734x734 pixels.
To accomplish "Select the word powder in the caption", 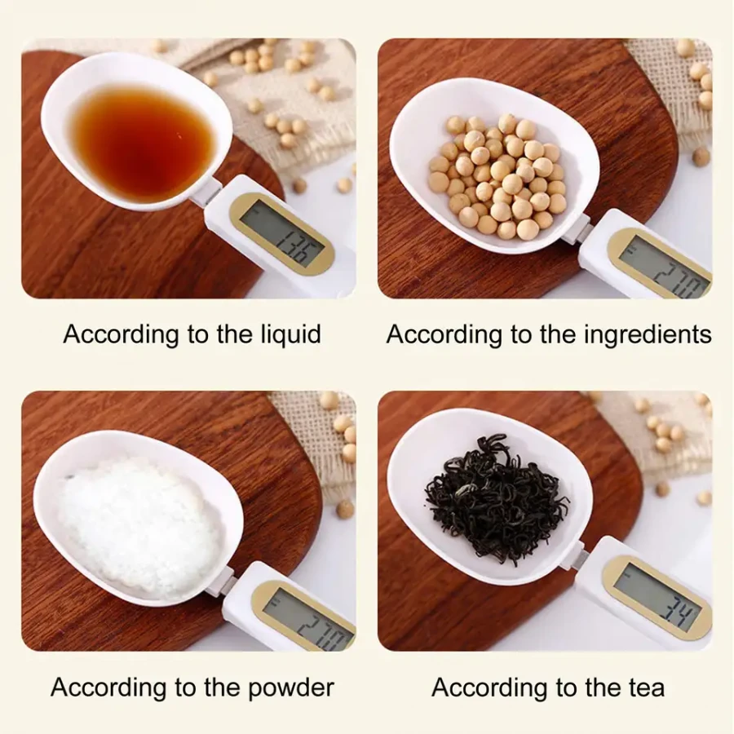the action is [291, 688].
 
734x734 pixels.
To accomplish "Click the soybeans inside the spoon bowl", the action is [497, 176].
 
